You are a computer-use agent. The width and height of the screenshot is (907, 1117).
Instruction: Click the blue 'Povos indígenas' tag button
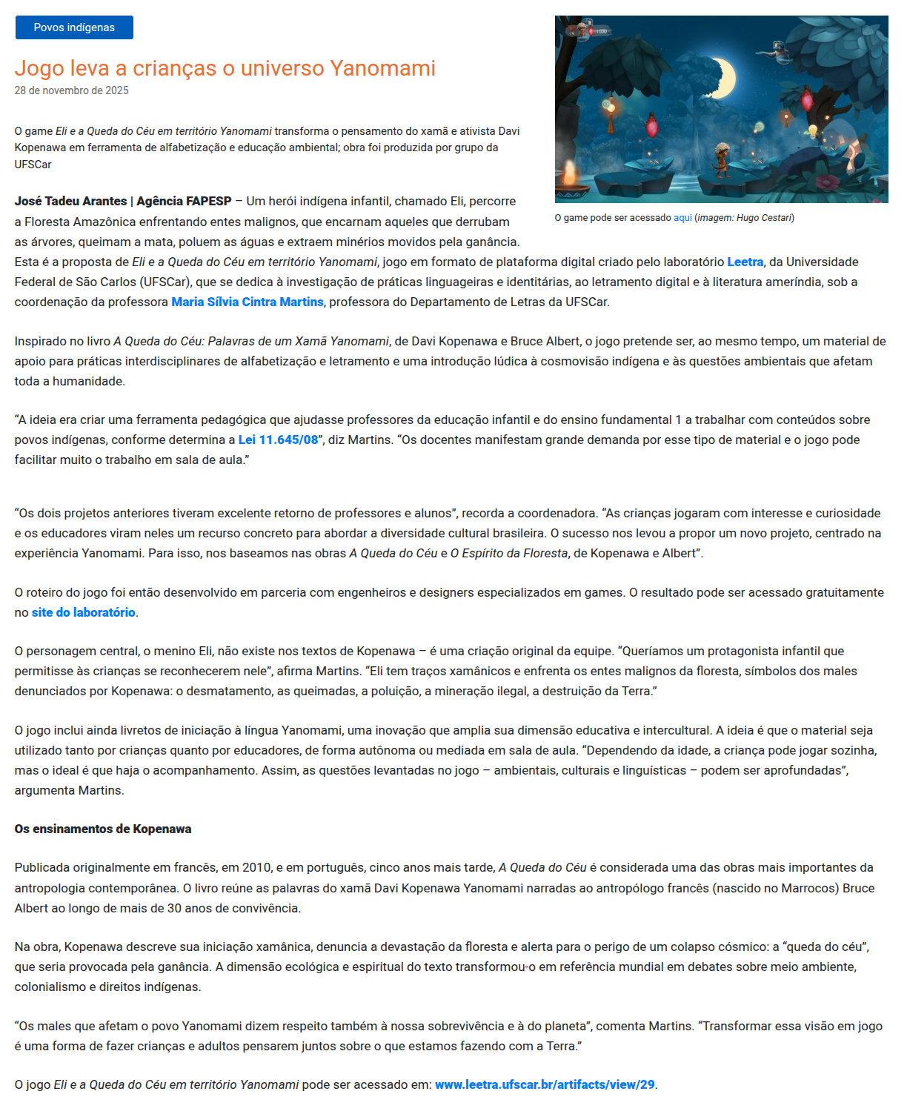[x=74, y=27]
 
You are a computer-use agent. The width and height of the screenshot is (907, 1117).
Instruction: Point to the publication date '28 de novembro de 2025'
[x=71, y=90]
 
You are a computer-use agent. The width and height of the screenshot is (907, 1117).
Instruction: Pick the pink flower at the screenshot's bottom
[x=828, y=181]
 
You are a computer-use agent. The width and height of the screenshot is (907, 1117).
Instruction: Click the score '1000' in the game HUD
[x=601, y=32]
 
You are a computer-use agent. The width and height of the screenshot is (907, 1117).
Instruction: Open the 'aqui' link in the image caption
[x=682, y=218]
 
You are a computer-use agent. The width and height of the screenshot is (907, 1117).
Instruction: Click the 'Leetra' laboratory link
[x=745, y=262]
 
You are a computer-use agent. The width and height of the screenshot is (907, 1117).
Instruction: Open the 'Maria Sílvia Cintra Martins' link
[x=247, y=302]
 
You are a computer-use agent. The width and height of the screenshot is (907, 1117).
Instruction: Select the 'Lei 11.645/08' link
[x=278, y=440]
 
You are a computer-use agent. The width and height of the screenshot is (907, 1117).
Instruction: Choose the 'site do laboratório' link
[x=83, y=612]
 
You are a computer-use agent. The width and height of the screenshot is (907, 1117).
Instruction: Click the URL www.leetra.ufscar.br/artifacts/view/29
[x=545, y=1084]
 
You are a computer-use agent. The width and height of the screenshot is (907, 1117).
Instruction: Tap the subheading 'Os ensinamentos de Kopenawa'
[x=103, y=829]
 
